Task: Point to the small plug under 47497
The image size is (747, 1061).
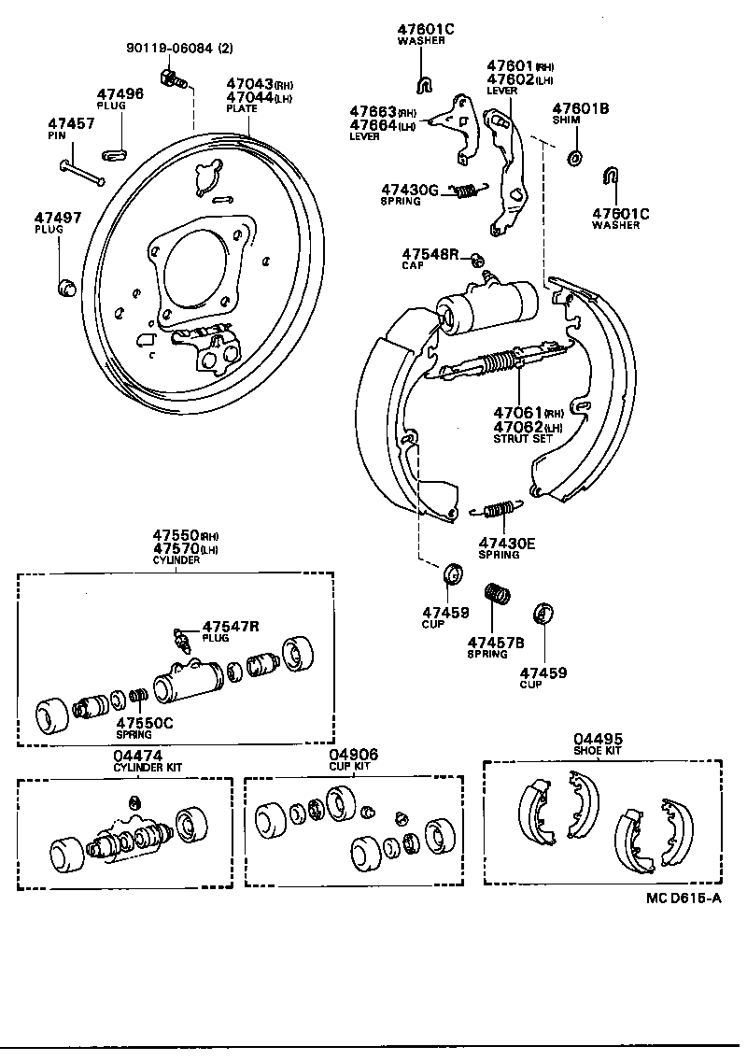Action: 66,287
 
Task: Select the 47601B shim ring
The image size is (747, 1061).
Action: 574,155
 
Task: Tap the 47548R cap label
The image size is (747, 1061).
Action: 431,253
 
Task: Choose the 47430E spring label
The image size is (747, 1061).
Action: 506,543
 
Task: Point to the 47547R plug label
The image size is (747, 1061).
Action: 231,626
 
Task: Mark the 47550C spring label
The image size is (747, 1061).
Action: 144,722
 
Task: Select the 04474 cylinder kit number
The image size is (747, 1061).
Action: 137,755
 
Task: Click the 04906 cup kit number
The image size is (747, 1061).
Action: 349,755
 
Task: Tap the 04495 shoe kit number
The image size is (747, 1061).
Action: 598,739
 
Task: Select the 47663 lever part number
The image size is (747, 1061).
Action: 373,111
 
